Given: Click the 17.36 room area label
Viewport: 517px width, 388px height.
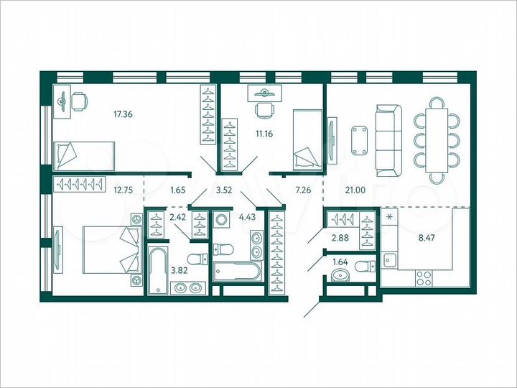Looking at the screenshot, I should [x=124, y=113].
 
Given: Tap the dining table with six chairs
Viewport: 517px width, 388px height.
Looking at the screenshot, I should [x=437, y=139].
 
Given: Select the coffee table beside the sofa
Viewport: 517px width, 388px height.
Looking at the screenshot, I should [x=359, y=139].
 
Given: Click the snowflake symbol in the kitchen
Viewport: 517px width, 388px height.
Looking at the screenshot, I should [x=389, y=216].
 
